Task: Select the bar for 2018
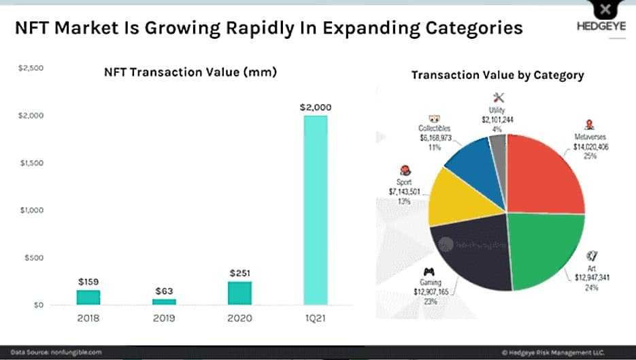click(88, 297)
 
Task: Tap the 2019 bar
click(164, 301)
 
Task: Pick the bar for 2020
click(239, 293)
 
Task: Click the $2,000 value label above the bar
click(316, 107)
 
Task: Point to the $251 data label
click(239, 272)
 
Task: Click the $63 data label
click(164, 291)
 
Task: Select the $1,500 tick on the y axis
click(31, 163)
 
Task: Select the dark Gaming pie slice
click(476, 255)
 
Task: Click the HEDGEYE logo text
click(597, 28)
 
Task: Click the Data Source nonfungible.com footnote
click(56, 352)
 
